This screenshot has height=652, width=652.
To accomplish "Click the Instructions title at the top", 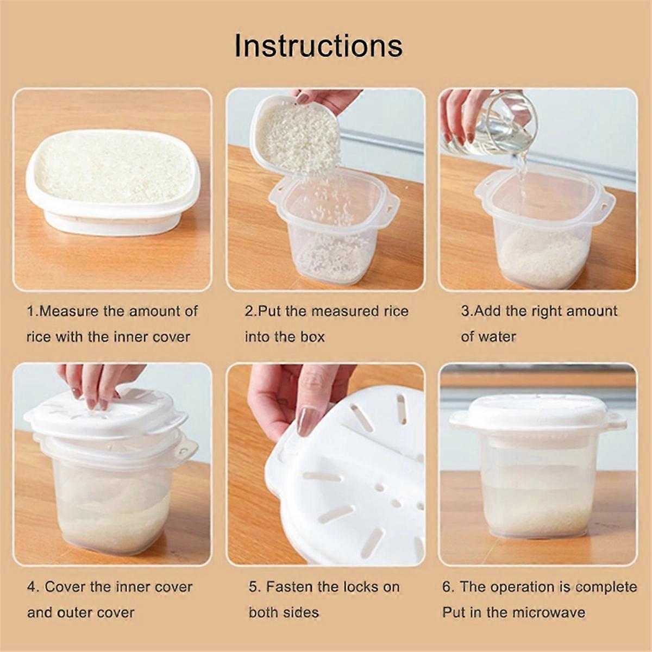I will (x=318, y=46).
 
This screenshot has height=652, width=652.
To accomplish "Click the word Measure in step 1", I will (x=70, y=311).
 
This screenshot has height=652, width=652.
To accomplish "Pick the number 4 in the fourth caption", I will (x=33, y=587).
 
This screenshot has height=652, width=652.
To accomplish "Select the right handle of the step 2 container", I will (x=390, y=204).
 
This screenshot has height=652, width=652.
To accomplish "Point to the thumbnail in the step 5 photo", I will (x=308, y=421).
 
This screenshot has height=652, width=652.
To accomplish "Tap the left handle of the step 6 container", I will (x=459, y=421).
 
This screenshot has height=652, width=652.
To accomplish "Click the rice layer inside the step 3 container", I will (x=543, y=258).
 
